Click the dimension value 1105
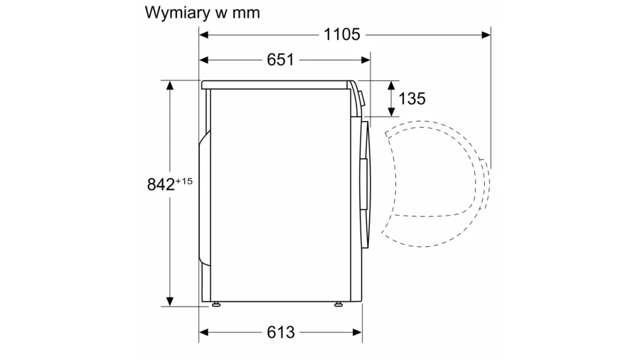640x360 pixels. pos(342,33)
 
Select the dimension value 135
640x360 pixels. pos(412,98)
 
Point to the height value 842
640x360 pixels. pos(161,184)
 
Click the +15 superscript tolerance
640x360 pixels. pos(183,181)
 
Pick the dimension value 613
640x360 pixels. pos(281,332)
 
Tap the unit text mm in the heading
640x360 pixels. pos(245,13)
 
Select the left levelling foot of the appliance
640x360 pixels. pos(215,307)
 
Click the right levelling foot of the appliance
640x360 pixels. pos(338,307)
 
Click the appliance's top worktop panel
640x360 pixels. pos(277,85)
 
